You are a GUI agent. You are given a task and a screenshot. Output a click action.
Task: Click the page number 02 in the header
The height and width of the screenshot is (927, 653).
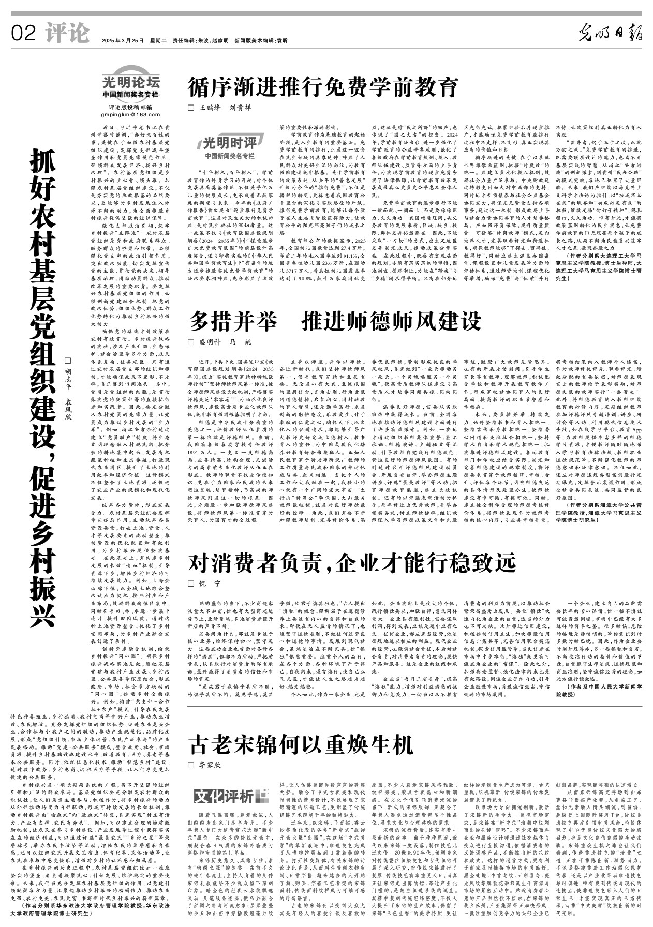pyautogui.click(x=23, y=34)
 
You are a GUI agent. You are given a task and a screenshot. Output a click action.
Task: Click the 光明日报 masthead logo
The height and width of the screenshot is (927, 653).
pyautogui.click(x=610, y=34)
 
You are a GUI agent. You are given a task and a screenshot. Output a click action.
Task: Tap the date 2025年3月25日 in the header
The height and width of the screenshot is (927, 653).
pyautogui.click(x=123, y=40)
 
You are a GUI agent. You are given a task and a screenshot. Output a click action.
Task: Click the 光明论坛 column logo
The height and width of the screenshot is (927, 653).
pyautogui.click(x=131, y=81)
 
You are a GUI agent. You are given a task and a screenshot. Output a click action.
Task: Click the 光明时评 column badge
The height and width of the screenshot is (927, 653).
pyautogui.click(x=229, y=143)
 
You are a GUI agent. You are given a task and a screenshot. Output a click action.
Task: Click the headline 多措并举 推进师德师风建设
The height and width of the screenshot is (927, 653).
pyautogui.click(x=335, y=321)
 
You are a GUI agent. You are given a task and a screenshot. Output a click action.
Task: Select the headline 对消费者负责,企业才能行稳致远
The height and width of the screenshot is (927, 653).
pyautogui.click(x=352, y=561)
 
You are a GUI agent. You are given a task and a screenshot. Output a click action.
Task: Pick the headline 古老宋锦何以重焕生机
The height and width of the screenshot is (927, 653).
pyautogui.click(x=301, y=744)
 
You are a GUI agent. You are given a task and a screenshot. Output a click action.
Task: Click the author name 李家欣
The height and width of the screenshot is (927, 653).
pyautogui.click(x=210, y=765)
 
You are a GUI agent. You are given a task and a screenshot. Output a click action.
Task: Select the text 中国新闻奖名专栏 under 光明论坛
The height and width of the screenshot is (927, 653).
pyautogui.click(x=131, y=94)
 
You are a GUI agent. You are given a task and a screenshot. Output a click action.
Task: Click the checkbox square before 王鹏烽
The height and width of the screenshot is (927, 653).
pyautogui.click(x=190, y=108)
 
